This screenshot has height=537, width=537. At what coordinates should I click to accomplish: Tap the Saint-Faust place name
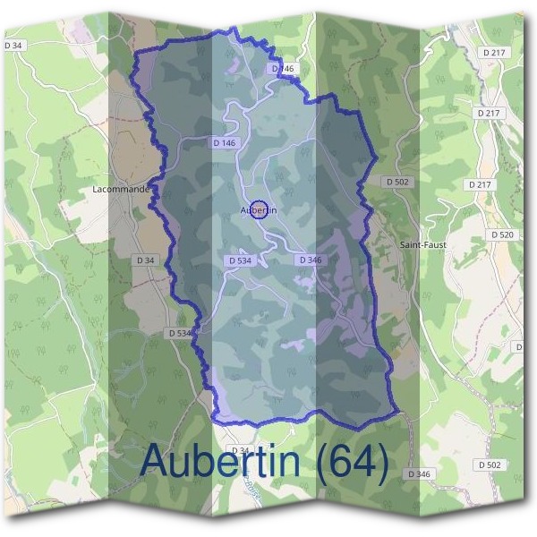pyautogui.click(x=422, y=244)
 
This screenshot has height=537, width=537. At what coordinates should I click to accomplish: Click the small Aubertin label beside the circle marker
pyautogui.click(x=259, y=210)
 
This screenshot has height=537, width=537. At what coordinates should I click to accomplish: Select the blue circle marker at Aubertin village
pyautogui.click(x=259, y=209)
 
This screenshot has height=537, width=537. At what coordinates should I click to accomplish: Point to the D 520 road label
pyautogui.click(x=503, y=234)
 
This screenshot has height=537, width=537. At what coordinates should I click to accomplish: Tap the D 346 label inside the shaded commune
pyautogui.click(x=309, y=260)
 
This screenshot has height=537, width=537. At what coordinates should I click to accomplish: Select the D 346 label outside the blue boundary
pyautogui.click(x=418, y=473)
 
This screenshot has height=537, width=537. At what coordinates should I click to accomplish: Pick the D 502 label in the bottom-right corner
pyautogui.click(x=489, y=465)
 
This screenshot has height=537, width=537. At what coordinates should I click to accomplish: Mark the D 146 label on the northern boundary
pyautogui.click(x=282, y=69)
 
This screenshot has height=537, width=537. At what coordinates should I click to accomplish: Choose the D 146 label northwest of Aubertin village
pyautogui.click(x=225, y=142)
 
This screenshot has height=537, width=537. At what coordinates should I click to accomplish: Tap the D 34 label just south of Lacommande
pyautogui.click(x=144, y=260)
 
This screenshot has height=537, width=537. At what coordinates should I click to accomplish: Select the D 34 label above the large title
pyautogui.click(x=240, y=449)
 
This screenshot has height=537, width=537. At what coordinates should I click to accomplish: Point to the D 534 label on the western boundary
pyautogui.click(x=180, y=333)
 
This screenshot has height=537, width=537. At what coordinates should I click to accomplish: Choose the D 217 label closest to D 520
pyautogui.click(x=480, y=184)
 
